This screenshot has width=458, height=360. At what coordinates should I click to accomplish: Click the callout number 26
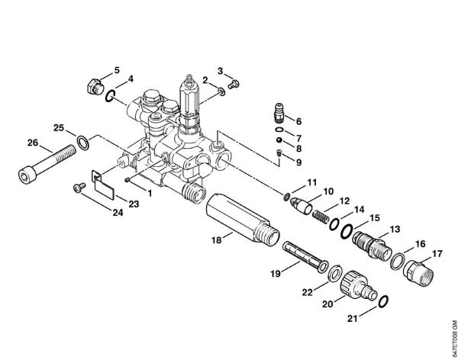click(33, 143)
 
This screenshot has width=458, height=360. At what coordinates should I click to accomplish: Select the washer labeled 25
click(83, 143)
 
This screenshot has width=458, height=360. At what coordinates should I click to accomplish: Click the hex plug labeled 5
click(95, 86)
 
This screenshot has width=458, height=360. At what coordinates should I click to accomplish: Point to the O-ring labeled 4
click(110, 96)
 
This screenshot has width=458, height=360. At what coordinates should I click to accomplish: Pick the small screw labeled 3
click(234, 84)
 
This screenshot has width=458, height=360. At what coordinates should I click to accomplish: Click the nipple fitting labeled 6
click(279, 113)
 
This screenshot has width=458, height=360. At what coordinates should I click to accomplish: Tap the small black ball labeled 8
click(279, 140)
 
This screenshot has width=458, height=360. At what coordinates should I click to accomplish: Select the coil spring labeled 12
click(321, 217)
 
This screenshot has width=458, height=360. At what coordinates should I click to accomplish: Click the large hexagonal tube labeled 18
click(243, 218)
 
